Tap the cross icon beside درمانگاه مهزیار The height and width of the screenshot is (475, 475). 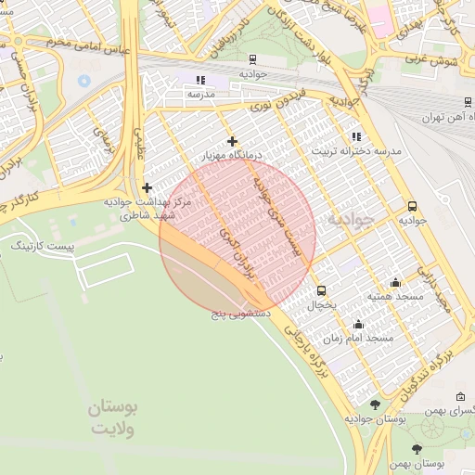(232, 141)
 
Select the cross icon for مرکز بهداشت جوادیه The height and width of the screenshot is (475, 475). (147, 187)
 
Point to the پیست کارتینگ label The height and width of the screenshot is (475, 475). (39, 248)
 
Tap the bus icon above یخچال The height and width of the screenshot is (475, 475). (321, 290)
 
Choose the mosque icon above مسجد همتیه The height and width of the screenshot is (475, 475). (396, 283)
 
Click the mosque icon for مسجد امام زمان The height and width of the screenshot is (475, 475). (358, 324)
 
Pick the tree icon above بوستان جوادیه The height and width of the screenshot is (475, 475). (375, 404)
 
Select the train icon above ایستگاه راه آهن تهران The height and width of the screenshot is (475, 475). (460, 105)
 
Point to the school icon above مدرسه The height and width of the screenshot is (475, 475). (201, 81)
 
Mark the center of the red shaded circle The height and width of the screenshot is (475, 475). (237, 234)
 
